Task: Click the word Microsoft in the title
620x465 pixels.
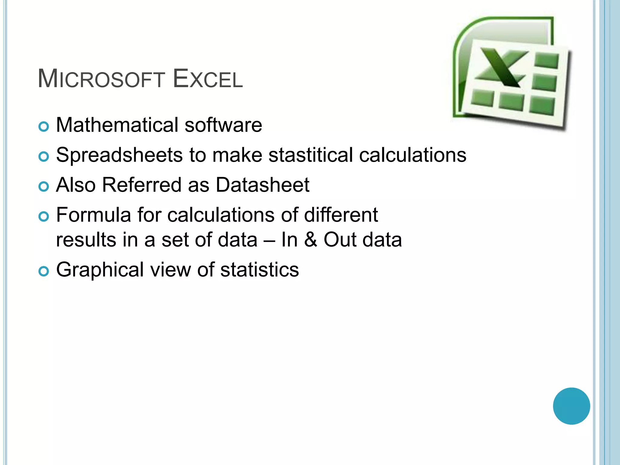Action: coord(101,79)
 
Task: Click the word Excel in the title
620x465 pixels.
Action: coord(208,79)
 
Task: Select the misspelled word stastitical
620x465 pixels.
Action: coord(310,155)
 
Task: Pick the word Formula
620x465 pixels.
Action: coord(94,215)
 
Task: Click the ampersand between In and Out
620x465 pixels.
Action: coord(311,240)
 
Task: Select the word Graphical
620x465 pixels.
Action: coord(100,270)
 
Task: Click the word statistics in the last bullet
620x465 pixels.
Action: coord(259,270)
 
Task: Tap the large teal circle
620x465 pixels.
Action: coord(571,406)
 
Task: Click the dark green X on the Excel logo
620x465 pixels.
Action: coord(503,68)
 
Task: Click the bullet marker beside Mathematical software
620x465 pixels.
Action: coord(44,127)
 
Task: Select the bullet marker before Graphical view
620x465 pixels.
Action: coord(44,271)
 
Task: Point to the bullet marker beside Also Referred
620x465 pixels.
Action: coord(44,186)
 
